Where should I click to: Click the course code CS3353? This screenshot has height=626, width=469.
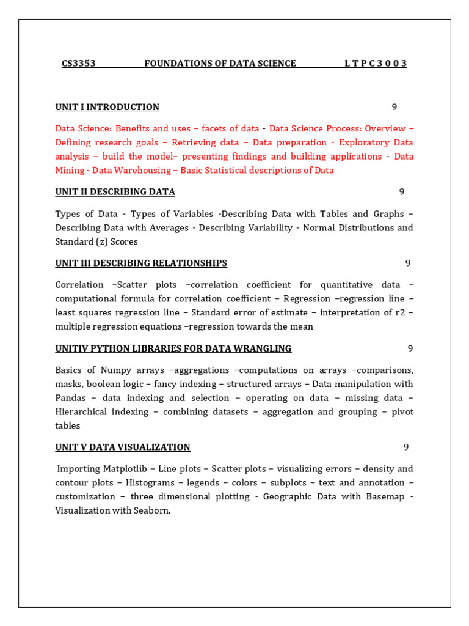click(x=79, y=64)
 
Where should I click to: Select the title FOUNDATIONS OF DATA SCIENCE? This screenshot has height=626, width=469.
click(x=220, y=64)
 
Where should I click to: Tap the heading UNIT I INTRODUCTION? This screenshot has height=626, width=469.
click(x=107, y=107)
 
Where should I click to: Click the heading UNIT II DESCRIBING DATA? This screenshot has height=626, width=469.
click(x=115, y=192)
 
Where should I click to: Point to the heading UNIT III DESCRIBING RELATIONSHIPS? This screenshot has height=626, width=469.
click(x=141, y=263)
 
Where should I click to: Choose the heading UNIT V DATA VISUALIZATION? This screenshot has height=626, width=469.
click(x=123, y=447)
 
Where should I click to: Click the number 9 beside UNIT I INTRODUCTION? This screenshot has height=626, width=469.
click(x=394, y=107)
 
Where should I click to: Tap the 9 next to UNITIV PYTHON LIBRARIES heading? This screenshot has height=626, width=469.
click(x=410, y=348)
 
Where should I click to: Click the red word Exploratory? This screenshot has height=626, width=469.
click(x=365, y=142)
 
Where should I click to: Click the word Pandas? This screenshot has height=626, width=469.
click(x=71, y=398)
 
